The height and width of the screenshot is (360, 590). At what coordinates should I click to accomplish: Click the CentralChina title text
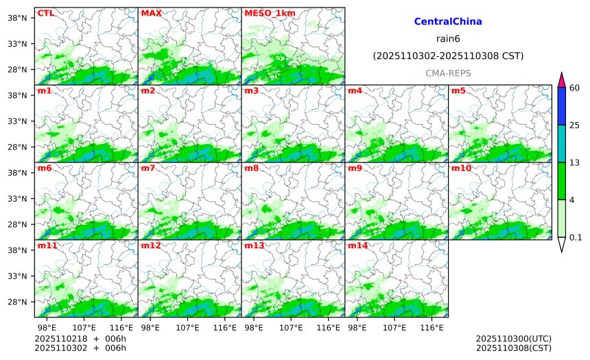[448, 22]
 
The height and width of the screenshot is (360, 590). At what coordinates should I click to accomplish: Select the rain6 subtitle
[448, 38]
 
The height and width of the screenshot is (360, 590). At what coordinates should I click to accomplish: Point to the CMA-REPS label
[448, 73]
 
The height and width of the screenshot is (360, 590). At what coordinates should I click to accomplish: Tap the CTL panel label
[45, 12]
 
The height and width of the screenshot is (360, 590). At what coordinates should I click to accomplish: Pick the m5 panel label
[458, 91]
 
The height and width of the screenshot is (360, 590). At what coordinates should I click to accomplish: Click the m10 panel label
[461, 168]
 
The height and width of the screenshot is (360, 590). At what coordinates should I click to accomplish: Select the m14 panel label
[357, 245]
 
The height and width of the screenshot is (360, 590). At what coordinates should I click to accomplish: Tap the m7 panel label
[149, 168]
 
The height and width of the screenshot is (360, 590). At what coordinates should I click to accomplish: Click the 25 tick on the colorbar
[575, 125]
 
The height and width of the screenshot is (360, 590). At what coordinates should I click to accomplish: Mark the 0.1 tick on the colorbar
[576, 237]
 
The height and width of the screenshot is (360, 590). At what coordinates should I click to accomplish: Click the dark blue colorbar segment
[561, 106]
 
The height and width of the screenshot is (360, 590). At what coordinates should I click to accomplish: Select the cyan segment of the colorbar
[561, 143]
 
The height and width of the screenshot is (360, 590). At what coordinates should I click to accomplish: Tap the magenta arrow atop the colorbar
[561, 80]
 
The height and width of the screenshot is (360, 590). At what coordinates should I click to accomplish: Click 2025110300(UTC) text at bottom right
[513, 339]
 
